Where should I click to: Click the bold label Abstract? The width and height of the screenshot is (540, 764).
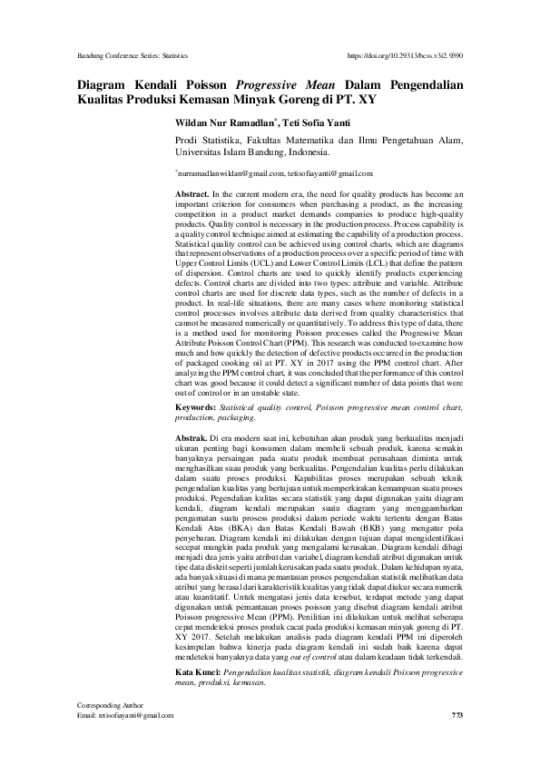click(191, 194)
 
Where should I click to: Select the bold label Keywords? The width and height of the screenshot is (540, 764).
click(196, 408)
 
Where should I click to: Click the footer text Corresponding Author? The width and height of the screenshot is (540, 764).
click(106, 731)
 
